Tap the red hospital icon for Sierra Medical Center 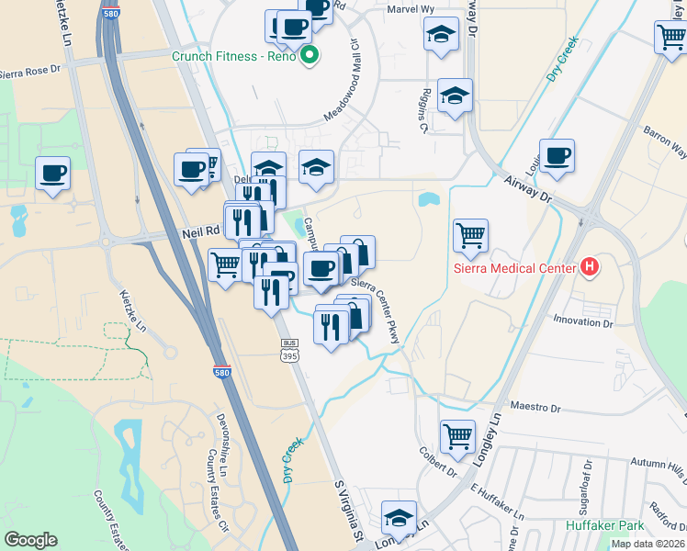point(590,268)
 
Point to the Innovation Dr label point(582,322)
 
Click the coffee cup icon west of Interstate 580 point(53,173)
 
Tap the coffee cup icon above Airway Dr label point(557,156)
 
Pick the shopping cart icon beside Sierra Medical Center point(470,234)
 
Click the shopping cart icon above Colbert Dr point(456,437)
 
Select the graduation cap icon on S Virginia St point(399,516)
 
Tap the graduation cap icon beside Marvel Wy point(441,35)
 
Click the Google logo point(30,540)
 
